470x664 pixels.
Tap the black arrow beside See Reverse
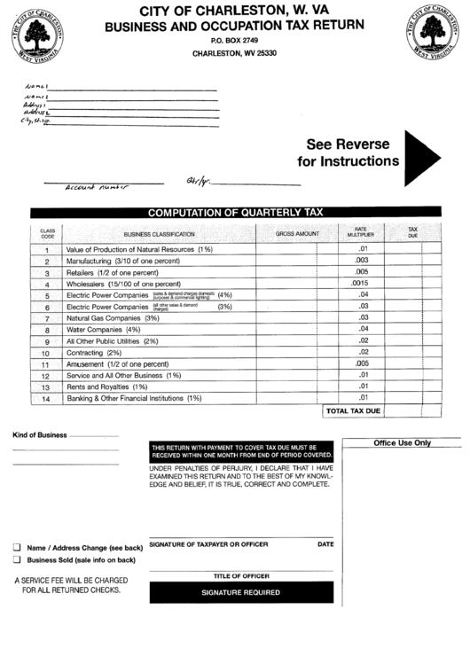[420, 153]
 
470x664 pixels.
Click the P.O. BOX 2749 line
[235, 41]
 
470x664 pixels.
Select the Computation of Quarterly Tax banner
[236, 213]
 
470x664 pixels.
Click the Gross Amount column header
[296, 233]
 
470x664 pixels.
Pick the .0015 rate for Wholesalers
[361, 284]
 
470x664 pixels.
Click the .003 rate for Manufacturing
[362, 261]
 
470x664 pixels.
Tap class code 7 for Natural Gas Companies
[46, 318]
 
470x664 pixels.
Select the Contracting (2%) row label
[94, 353]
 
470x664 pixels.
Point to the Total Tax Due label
[353, 412]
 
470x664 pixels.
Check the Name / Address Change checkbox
[17, 547]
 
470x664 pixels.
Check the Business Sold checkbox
[17, 559]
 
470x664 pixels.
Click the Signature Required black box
[240, 592]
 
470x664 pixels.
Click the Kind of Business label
[39, 435]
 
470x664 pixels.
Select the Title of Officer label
[240, 576]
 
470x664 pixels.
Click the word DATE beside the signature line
[325, 543]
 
